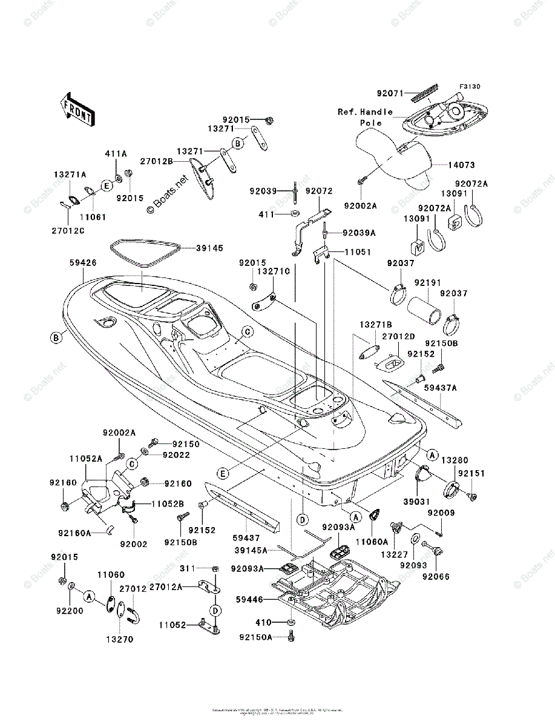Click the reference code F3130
[469, 87]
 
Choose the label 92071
[389, 94]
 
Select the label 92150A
[255, 637]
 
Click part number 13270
[120, 639]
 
